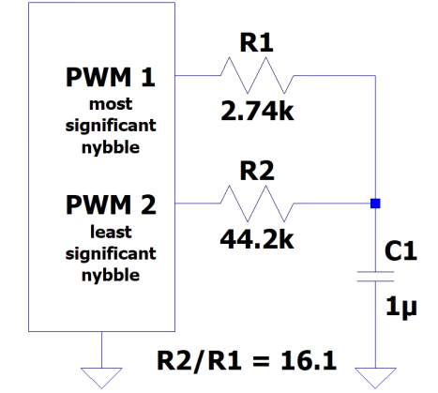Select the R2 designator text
256,170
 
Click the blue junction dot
374,203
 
